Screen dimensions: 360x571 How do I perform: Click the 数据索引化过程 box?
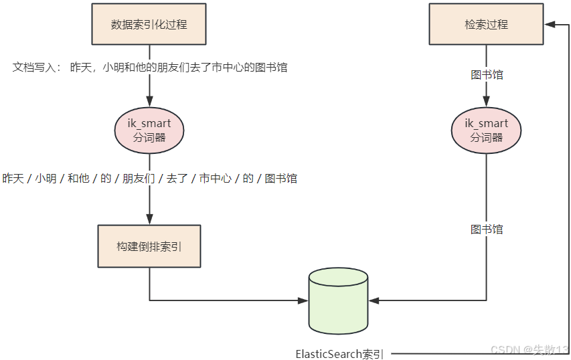tap(149, 24)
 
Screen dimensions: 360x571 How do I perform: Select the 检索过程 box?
tap(486, 24)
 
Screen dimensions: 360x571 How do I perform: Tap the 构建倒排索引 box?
tap(149, 246)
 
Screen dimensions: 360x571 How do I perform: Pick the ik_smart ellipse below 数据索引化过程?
tap(149, 130)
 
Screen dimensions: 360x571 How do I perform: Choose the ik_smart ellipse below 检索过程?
tap(486, 130)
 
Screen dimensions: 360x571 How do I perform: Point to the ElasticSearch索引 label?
tap(340, 353)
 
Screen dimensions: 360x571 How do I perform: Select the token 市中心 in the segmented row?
tap(215, 179)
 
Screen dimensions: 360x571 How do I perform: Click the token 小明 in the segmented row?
tap(46, 179)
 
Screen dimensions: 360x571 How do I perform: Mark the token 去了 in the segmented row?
tap(177, 179)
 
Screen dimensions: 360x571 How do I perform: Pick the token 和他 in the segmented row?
tap(79, 179)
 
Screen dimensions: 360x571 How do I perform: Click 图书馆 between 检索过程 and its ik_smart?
tap(487, 75)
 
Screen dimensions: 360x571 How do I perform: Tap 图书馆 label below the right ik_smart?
tap(487, 230)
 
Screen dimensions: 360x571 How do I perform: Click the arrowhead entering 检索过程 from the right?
tap(550, 24)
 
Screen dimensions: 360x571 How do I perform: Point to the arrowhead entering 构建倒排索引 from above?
tap(149, 219)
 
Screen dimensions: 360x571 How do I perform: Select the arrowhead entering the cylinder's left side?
tap(303, 300)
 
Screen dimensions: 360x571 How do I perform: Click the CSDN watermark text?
tap(529, 350)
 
